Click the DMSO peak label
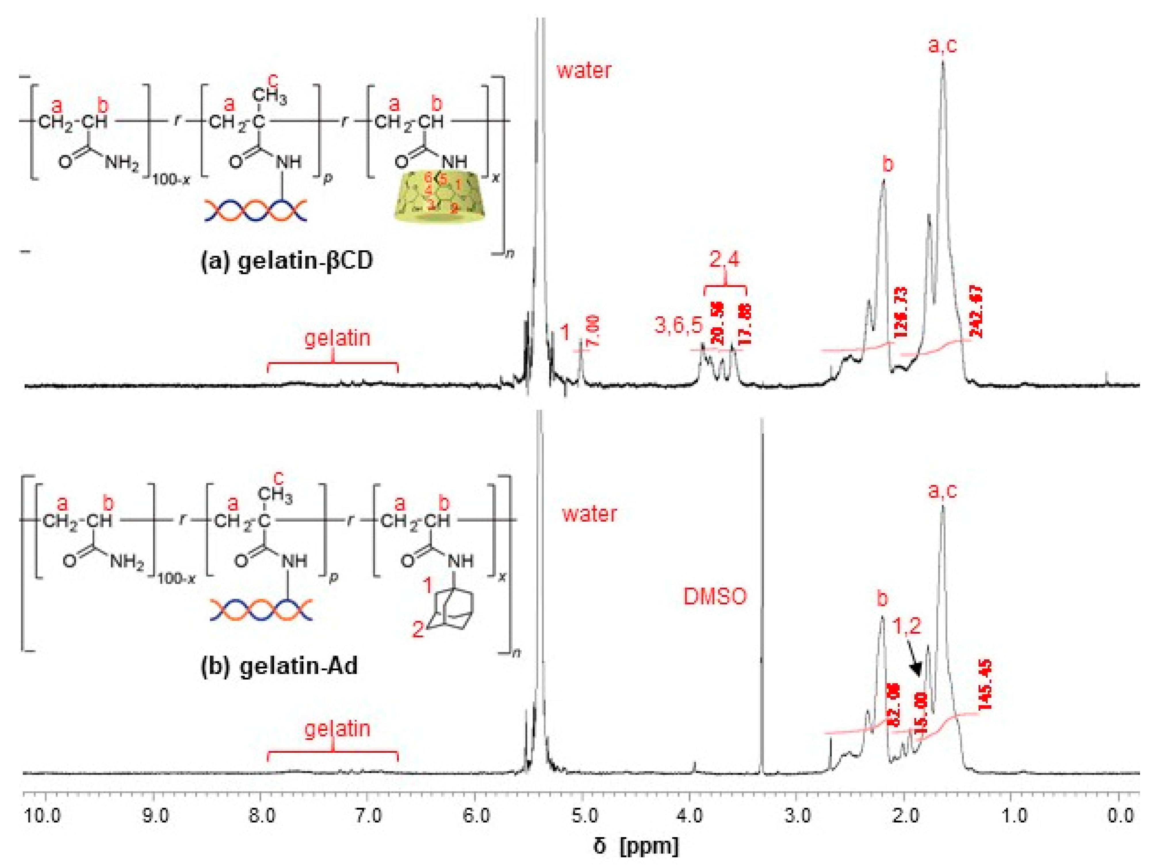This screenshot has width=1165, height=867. point(715,597)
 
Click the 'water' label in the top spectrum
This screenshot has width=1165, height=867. point(584,70)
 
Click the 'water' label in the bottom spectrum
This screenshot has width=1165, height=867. point(589,513)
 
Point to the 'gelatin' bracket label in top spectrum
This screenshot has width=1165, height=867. point(337,337)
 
